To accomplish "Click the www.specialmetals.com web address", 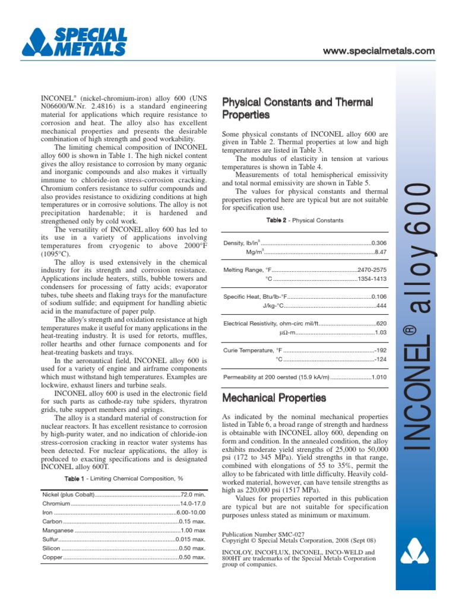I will tap(378, 51).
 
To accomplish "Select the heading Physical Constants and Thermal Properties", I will tap(297, 108).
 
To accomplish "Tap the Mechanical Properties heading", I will tap(274, 398).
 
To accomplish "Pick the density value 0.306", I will tap(378, 243).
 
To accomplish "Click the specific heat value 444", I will tap(381, 305).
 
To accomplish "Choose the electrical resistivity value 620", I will tap(381, 324).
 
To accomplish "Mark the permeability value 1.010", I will tap(379, 377).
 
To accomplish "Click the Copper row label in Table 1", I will tap(52, 558).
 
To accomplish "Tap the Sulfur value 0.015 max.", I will tap(191, 540).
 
